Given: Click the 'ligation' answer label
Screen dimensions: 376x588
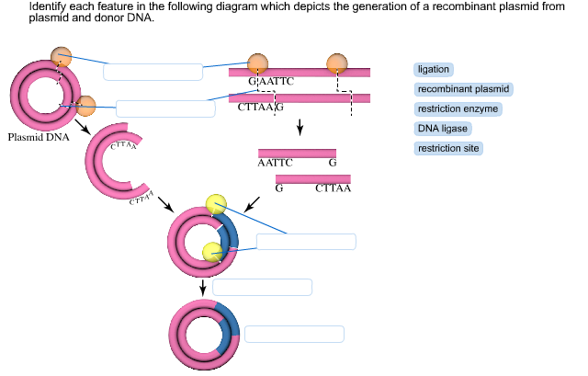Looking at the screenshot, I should pyautogui.click(x=434, y=70).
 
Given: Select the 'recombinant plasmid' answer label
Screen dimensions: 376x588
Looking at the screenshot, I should pyautogui.click(x=464, y=89).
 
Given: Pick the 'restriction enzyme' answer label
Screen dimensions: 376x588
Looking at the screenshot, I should pyautogui.click(x=459, y=109).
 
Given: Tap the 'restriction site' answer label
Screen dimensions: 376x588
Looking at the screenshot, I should pyautogui.click(x=449, y=148).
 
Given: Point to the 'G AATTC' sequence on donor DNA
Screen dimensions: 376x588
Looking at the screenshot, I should pyautogui.click(x=271, y=82).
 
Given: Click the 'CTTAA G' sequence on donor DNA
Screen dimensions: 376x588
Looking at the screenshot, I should pyautogui.click(x=260, y=108).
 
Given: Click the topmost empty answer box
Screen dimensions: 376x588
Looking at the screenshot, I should pyautogui.click(x=153, y=72).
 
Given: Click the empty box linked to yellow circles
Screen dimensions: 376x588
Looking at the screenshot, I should pyautogui.click(x=305, y=242).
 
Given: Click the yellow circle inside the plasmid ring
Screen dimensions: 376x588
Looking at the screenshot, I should pyautogui.click(x=212, y=251).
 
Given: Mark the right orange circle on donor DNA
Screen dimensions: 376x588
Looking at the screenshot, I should pyautogui.click(x=337, y=63).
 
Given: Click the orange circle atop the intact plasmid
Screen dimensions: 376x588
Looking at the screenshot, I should pyautogui.click(x=61, y=56).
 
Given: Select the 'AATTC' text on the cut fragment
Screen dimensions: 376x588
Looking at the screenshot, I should pyautogui.click(x=276, y=163).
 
